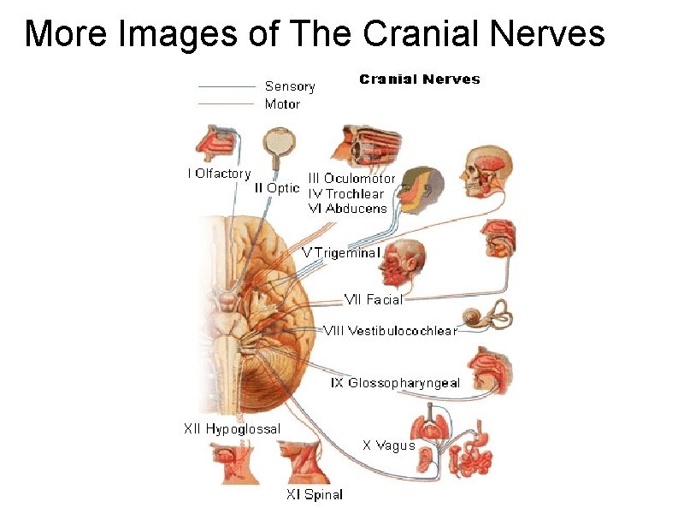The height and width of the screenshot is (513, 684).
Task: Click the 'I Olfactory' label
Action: click(x=219, y=174)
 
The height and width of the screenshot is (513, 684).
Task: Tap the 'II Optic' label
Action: click(x=278, y=187)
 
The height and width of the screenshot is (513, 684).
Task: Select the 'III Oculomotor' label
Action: click(x=351, y=179)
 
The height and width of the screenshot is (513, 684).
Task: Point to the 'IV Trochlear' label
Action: click(x=345, y=193)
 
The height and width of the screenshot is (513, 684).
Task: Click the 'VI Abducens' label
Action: click(x=347, y=208)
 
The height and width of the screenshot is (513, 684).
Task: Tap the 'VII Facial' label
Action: click(x=373, y=299)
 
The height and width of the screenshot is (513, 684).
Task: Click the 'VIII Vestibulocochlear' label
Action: click(x=390, y=330)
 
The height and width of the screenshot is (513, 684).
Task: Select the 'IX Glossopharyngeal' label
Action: click(x=395, y=383)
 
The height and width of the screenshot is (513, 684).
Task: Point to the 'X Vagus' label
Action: click(x=388, y=445)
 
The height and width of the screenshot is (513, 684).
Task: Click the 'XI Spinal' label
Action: click(x=315, y=494)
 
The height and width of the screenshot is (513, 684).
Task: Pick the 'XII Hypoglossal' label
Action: click(x=232, y=428)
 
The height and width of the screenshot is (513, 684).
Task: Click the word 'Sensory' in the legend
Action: click(x=290, y=86)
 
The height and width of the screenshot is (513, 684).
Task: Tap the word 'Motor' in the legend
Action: click(x=282, y=104)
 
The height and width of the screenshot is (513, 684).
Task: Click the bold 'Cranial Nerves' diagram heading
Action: click(x=420, y=80)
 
